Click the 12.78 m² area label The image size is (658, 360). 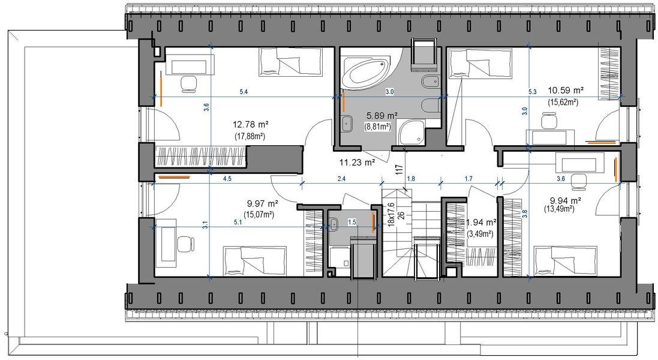click(250, 125)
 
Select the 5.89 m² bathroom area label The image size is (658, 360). click(383, 115)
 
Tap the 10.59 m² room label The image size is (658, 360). click(566, 91)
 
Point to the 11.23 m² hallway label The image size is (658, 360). click(357, 161)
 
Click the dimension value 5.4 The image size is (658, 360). click(244, 92)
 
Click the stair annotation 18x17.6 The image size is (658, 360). click(391, 213)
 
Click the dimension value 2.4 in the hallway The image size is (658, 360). click(341, 178)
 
